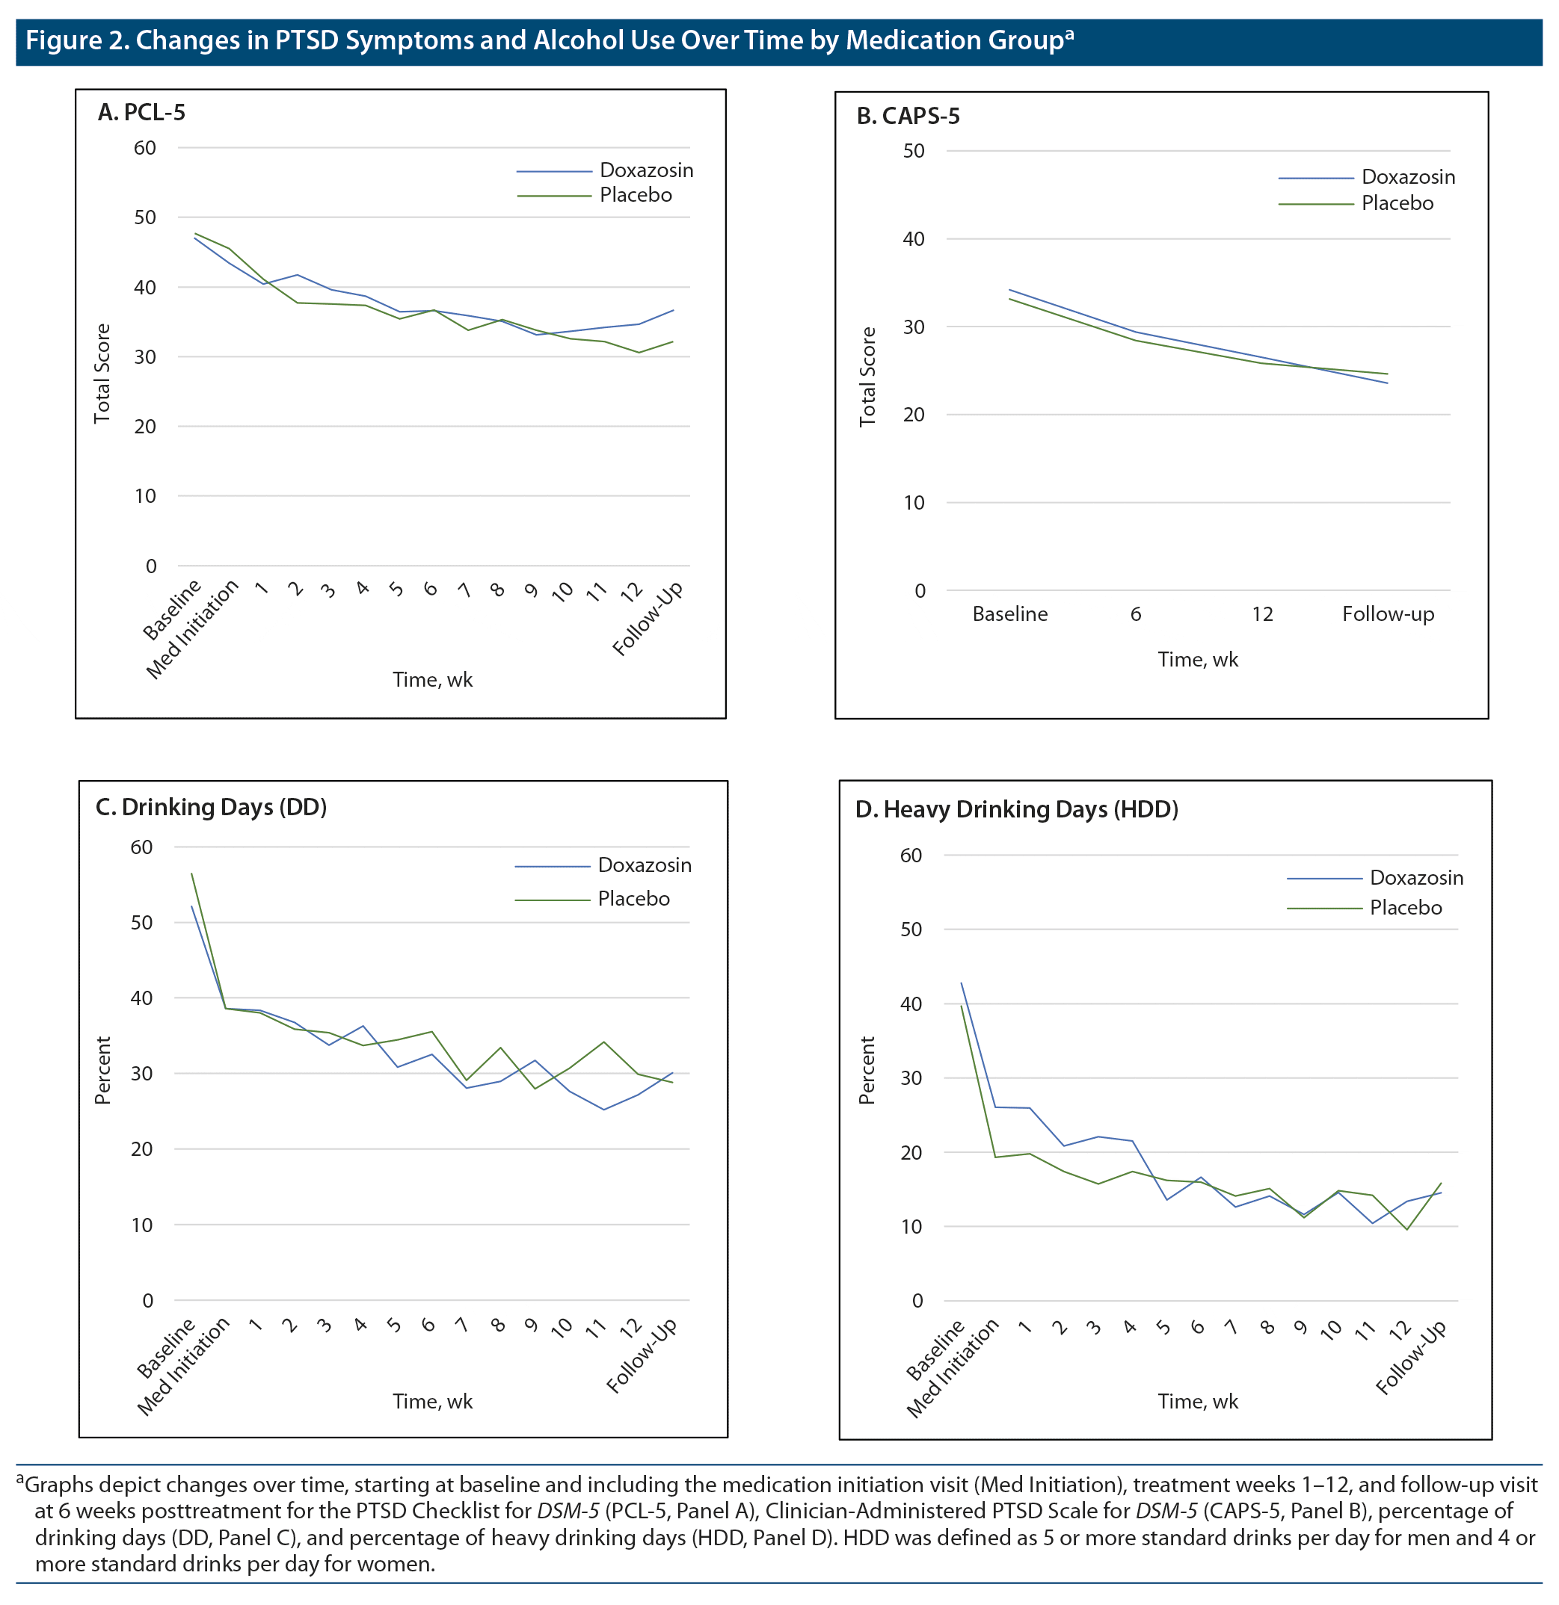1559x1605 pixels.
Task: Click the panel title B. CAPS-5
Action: (908, 117)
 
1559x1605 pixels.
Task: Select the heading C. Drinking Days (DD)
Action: (211, 808)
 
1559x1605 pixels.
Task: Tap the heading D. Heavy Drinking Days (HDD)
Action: (1016, 810)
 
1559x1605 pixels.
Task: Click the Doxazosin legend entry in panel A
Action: (645, 170)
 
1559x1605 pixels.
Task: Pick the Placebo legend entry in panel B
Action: (1397, 203)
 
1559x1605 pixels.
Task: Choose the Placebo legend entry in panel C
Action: (633, 898)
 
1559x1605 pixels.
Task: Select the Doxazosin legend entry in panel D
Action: (1415, 878)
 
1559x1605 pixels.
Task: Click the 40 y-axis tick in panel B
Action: (913, 239)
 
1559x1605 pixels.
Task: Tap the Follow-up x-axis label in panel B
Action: (1387, 614)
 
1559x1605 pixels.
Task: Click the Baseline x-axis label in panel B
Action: (1009, 614)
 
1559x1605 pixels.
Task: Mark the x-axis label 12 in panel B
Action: (1261, 614)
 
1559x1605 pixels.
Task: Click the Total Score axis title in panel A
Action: (102, 374)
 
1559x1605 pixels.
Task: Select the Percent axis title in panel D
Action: (867, 1070)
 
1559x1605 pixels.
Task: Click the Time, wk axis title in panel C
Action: (432, 1401)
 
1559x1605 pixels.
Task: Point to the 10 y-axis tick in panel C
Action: (142, 1225)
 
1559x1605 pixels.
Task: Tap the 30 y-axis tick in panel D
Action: (911, 1078)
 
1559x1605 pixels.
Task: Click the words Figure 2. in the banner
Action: (76, 40)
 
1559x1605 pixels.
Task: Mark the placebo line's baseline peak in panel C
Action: (191, 873)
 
